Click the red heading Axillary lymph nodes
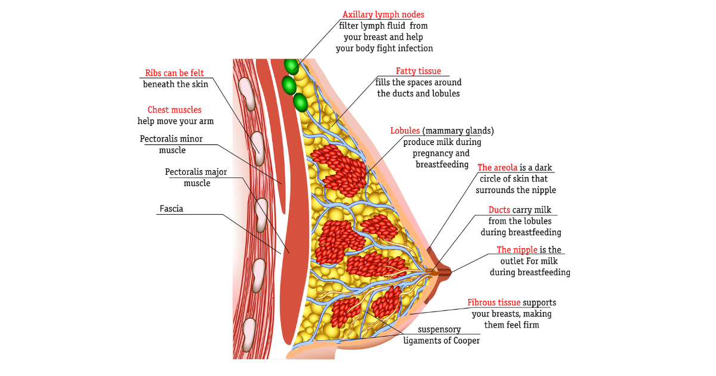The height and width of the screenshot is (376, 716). coord(383,14)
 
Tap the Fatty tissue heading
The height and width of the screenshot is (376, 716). coord(418,72)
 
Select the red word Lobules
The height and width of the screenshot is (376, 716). coord(405,131)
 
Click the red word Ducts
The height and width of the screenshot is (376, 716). coord(499,210)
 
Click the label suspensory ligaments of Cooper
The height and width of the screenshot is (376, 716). coord(442,335)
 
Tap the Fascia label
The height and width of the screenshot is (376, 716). coord(171,209)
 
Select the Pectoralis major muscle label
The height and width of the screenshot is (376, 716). coord(196,177)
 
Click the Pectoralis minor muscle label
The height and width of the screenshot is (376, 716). coord(171,144)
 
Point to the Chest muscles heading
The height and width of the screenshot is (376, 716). coord(174,110)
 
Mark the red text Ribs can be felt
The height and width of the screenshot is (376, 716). coord(174,73)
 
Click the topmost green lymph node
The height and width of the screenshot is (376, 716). coord(291,66)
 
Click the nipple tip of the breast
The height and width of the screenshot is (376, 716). coord(452,273)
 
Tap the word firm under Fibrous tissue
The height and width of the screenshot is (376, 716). coord(528,325)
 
